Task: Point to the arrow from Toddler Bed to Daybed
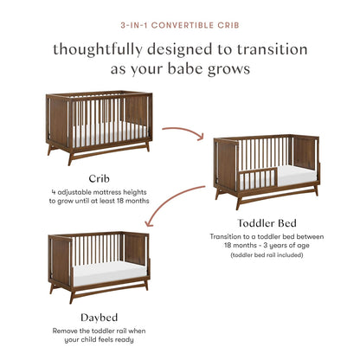181,206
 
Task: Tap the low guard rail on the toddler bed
255,179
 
